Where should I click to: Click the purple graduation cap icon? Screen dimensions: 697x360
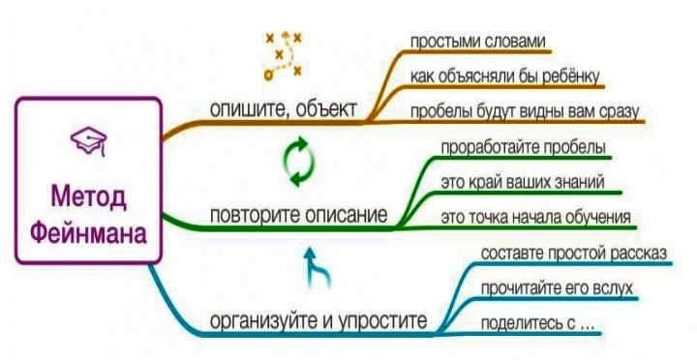(x=89, y=141)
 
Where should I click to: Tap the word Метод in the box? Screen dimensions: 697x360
(x=89, y=196)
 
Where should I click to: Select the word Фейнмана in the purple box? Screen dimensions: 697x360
(x=88, y=233)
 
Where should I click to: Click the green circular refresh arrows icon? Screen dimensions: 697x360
(x=299, y=162)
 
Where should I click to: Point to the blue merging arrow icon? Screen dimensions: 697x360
(x=318, y=267)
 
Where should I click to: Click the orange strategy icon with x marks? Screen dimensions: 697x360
(x=283, y=55)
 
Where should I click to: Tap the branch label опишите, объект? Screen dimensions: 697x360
(x=284, y=108)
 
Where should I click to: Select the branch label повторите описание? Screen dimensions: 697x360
(x=298, y=215)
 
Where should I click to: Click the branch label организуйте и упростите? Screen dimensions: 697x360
(x=318, y=320)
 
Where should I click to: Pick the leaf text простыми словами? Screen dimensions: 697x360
(x=477, y=42)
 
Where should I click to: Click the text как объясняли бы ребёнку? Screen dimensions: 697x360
(x=504, y=76)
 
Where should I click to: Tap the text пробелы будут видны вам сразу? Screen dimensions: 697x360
(x=524, y=111)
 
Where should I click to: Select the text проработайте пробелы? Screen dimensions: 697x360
(x=523, y=147)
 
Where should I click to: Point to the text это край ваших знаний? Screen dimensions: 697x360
(x=523, y=182)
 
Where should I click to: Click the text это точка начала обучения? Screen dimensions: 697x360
(x=535, y=217)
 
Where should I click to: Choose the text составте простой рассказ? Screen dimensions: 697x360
(x=574, y=253)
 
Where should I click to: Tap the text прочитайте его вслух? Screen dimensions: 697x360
(x=557, y=288)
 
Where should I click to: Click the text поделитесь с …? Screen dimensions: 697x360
(x=537, y=323)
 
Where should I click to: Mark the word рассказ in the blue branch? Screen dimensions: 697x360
(x=638, y=254)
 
